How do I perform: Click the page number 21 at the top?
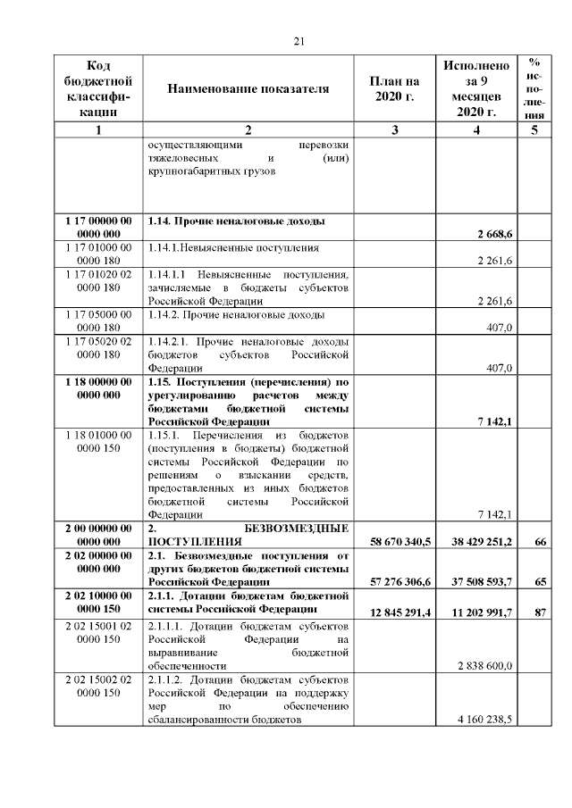[299, 40]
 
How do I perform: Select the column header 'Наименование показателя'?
[248, 89]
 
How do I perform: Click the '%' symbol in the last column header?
[534, 62]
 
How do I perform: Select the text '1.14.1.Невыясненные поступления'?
[234, 247]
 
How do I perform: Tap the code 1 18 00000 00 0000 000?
[98, 388]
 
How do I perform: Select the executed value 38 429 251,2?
[477, 542]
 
